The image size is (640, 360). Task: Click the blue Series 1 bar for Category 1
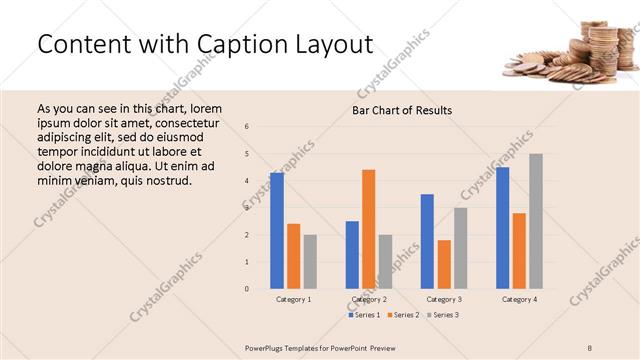[277, 231]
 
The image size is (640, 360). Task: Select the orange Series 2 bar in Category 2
[368, 229]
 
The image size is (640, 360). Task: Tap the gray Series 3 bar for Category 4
[536, 221]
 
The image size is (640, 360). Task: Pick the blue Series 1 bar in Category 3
[427, 241]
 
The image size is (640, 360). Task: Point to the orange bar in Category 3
[444, 264]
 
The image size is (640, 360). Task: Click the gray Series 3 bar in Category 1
[310, 262]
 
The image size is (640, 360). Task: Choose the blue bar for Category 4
[503, 228]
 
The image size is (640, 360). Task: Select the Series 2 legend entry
[404, 315]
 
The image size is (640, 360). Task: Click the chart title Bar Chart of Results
[402, 110]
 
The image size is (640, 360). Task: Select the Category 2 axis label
[369, 299]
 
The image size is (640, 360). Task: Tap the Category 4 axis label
[519, 299]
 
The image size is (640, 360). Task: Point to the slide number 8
[590, 347]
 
